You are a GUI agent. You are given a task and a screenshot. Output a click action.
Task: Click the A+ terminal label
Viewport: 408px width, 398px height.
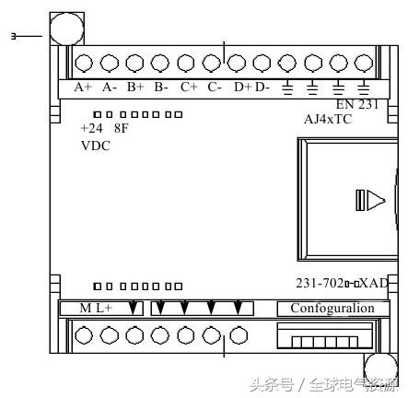click(x=83, y=88)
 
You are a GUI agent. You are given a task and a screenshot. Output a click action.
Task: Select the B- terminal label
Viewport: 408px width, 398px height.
click(x=161, y=88)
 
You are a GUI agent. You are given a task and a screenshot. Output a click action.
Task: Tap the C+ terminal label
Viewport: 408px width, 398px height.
click(x=189, y=88)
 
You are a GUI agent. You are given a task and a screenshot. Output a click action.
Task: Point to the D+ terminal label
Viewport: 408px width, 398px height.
click(x=242, y=88)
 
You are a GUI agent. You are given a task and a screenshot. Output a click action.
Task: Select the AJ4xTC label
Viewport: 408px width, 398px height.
click(x=328, y=119)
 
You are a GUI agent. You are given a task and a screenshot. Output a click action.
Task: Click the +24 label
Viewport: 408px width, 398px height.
click(x=91, y=129)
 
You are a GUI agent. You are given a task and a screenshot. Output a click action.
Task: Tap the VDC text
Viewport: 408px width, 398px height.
click(x=95, y=146)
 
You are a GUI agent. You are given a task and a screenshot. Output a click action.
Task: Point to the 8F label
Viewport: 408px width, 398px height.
click(x=122, y=129)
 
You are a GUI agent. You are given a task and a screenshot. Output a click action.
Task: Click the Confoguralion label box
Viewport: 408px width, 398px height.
click(x=332, y=308)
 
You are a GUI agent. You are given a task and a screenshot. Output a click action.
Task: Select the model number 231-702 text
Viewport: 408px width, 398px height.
click(x=317, y=284)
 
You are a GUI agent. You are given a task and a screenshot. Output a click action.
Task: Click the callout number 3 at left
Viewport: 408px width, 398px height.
click(x=13, y=36)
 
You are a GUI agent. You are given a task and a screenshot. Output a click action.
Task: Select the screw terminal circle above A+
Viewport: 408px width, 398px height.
click(x=83, y=63)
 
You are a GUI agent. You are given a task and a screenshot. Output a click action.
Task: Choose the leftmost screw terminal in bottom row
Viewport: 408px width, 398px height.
click(x=83, y=335)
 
